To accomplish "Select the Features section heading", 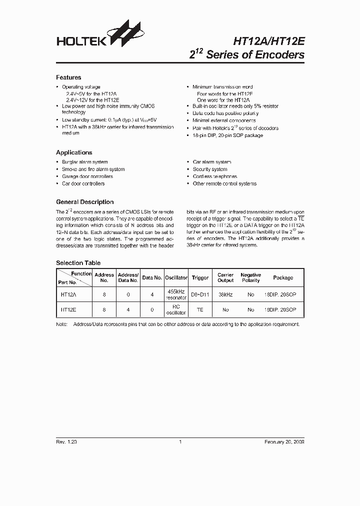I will pos(68,77).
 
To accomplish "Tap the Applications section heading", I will pos(74,152).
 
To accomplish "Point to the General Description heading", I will pos(84,202).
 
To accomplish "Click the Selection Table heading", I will pos(78,263).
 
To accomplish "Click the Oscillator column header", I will pos(176,277).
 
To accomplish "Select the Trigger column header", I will pos(200,277).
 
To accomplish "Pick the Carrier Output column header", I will pos(225,277).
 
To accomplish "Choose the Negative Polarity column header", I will pos(250,277).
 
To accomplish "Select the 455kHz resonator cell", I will pos(176,295).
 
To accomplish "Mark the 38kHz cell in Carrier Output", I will pos(225,295).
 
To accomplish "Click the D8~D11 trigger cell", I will pos(200,295).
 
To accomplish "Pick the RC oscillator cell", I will pos(176,310).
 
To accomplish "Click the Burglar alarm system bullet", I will pos(84,162).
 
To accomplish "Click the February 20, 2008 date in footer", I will pos(284,442).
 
